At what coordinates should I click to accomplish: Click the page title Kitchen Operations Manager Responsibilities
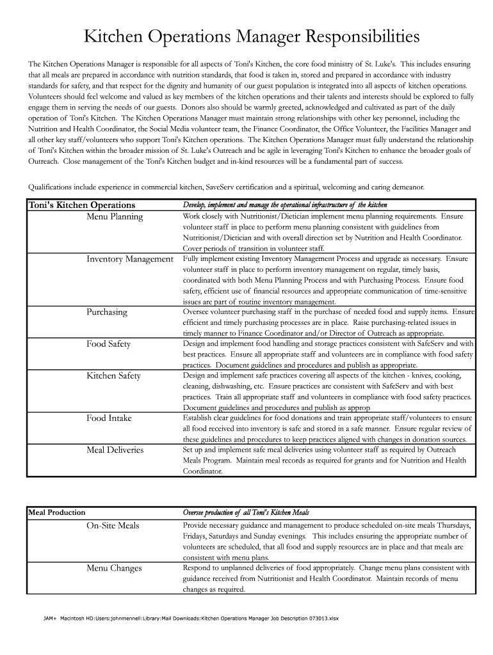point(252,38)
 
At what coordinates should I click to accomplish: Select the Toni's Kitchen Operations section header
point(81,205)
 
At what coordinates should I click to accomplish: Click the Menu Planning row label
point(115,217)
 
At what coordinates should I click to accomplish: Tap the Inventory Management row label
point(130,259)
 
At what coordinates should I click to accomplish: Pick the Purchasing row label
point(107,312)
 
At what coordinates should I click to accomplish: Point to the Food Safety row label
point(108,344)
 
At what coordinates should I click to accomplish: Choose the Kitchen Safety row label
point(113,375)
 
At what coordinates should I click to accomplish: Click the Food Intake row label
point(109,418)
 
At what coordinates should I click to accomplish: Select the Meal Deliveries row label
point(115,450)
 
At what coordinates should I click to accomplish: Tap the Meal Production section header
point(57,512)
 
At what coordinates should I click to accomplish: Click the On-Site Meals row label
point(113,526)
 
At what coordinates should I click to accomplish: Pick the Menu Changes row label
point(114,568)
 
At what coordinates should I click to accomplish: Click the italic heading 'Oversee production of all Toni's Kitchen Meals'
point(246,513)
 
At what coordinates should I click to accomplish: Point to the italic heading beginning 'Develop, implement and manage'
point(285,205)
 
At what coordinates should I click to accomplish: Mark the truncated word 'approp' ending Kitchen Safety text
point(359,407)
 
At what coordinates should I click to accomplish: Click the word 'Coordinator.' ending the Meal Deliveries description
point(203,471)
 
